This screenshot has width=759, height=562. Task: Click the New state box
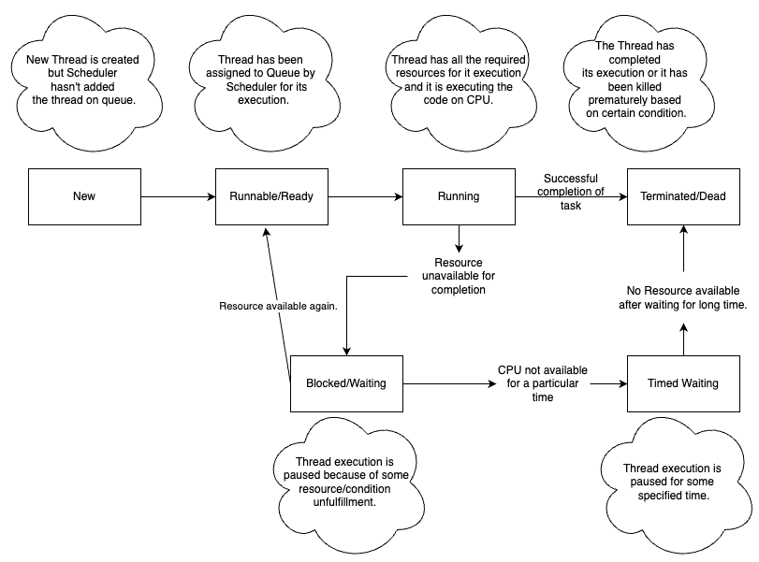[x=84, y=196]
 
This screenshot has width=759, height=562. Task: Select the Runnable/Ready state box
[x=271, y=196]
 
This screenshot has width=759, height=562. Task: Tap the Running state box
[x=459, y=196]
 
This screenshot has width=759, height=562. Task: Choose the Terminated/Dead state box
[x=682, y=196]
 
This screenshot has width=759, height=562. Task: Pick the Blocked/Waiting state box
[x=346, y=383]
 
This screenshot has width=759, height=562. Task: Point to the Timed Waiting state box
[x=682, y=383]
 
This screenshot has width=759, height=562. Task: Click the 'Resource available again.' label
[x=278, y=307]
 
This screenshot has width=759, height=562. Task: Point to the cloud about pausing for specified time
[x=672, y=482]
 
